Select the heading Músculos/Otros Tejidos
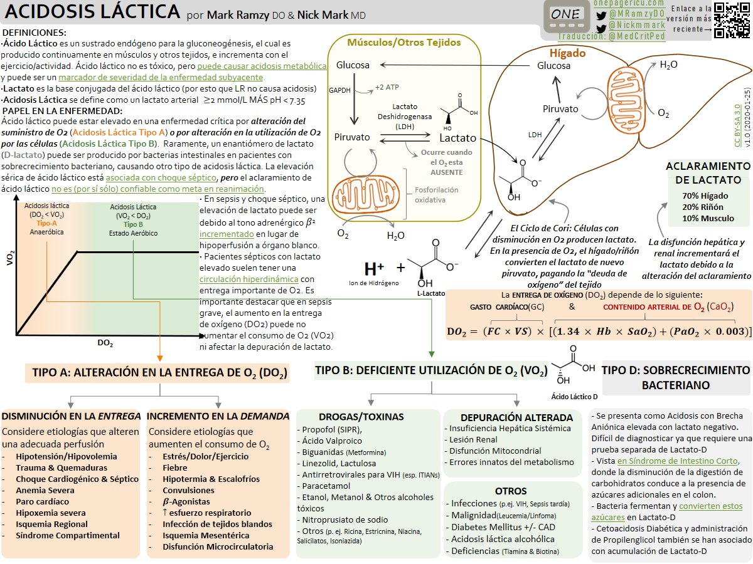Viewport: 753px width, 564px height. [x=404, y=43]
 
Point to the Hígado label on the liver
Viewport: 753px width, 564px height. [x=567, y=53]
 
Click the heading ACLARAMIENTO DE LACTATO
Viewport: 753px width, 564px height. [x=708, y=172]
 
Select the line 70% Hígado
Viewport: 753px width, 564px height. [x=706, y=196]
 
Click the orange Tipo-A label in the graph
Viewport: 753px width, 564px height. [x=46, y=223]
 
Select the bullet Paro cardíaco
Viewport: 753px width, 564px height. [x=43, y=501]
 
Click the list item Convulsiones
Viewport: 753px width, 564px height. [x=188, y=490]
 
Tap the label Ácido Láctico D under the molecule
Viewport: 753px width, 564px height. [x=574, y=397]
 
